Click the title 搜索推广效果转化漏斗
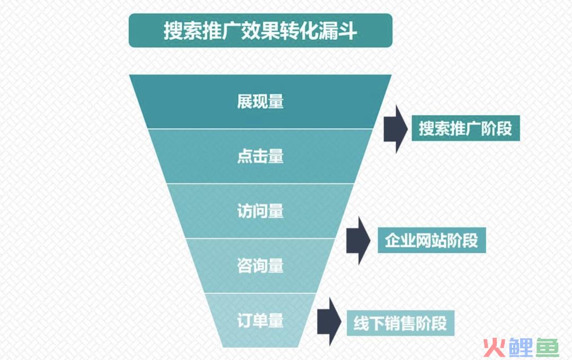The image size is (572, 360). pos(260,31)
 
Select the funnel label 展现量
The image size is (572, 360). pos(261,102)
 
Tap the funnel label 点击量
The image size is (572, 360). pos(261,156)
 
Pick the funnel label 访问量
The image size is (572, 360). pos(261,211)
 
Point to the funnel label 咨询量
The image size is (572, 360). pos(261,266)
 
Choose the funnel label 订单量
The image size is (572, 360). pos(261,321)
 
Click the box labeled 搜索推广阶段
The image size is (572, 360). pos(466,129)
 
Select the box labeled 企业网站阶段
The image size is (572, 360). pos(432,240)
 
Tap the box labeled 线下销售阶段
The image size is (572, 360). pos(400,323)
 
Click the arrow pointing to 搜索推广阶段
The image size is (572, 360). pos(396,129)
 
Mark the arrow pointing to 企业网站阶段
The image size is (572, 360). pos(358,240)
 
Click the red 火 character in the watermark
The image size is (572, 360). pos(494,347)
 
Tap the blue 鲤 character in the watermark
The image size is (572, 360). pos(521,347)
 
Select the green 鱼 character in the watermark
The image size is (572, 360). pos(547,347)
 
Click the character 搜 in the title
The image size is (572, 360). pos(173,31)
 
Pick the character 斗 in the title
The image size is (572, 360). pos(347,31)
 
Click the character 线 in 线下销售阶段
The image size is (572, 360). pos(361,323)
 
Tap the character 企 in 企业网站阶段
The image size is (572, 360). pos(392,240)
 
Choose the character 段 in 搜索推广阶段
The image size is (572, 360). pos(505,129)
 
